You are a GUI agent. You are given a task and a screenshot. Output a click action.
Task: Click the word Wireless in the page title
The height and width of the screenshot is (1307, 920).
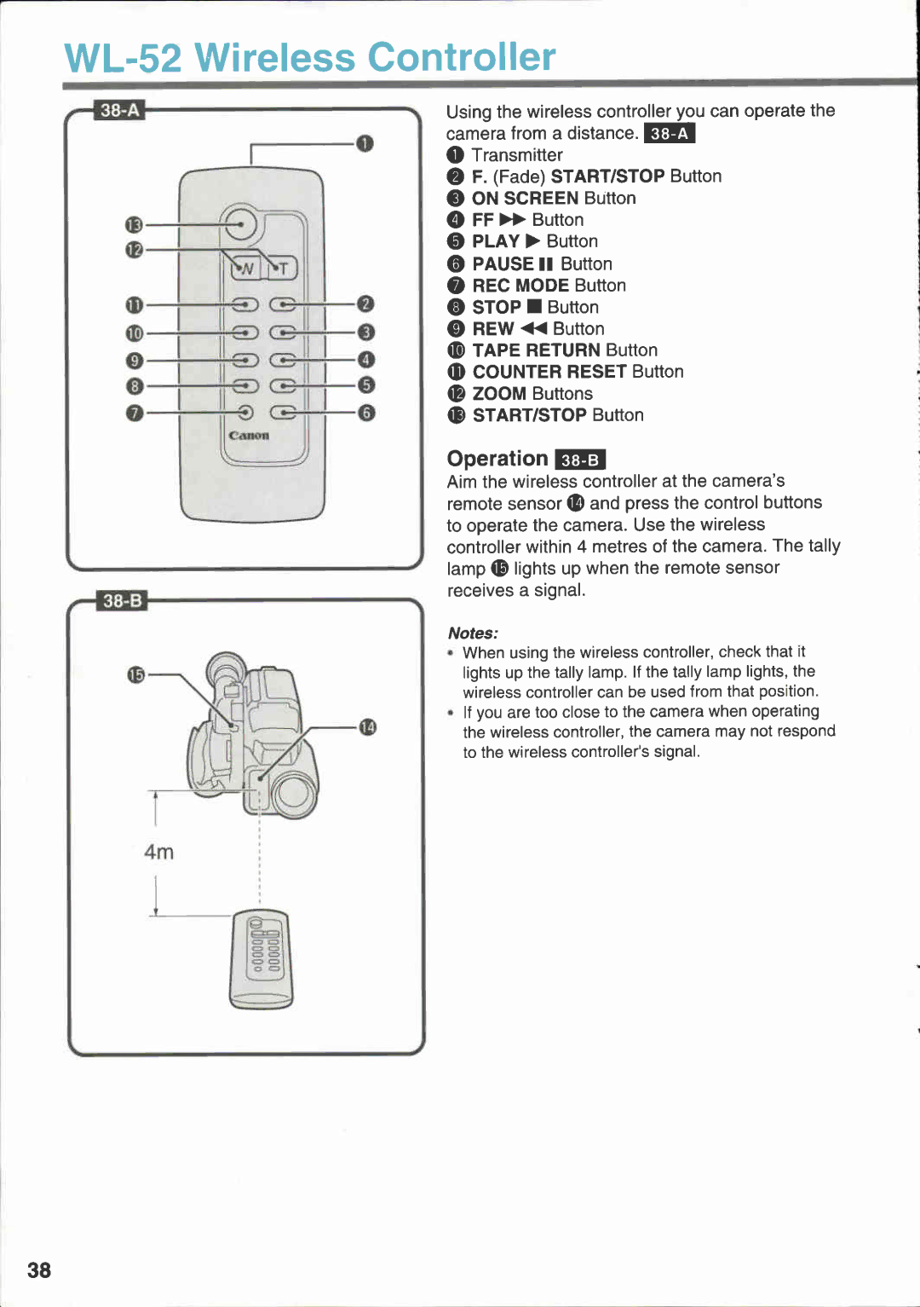[274, 58]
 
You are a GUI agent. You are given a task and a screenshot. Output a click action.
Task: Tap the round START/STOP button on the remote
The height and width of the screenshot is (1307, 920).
[239, 224]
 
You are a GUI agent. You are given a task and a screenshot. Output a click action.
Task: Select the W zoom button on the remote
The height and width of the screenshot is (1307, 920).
[245, 269]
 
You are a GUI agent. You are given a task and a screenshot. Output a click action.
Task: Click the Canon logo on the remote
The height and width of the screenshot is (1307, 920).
[249, 435]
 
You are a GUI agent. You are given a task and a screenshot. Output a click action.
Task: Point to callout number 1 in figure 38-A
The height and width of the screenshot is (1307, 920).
[365, 143]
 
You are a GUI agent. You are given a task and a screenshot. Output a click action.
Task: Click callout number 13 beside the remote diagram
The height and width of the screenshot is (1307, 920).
[134, 225]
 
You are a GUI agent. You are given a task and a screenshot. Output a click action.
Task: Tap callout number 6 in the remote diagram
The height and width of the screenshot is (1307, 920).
[365, 413]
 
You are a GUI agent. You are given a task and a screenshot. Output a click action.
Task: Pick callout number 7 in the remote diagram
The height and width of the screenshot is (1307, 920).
[134, 413]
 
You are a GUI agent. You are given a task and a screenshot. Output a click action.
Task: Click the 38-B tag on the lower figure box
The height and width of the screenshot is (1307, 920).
[122, 601]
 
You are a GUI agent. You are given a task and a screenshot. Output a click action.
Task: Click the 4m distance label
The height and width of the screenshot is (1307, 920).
[158, 852]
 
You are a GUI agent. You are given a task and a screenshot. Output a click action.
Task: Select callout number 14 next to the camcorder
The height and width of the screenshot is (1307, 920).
[367, 727]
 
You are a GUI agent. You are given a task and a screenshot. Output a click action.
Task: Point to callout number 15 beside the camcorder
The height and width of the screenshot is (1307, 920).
[135, 674]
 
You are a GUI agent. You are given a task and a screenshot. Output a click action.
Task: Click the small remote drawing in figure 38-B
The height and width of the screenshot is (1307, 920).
[261, 959]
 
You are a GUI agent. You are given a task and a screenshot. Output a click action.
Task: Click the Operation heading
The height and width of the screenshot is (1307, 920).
[497, 459]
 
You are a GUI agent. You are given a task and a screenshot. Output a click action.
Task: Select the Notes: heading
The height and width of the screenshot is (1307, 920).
[473, 633]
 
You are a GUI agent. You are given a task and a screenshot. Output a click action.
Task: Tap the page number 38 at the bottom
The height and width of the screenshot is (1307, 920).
[39, 1270]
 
